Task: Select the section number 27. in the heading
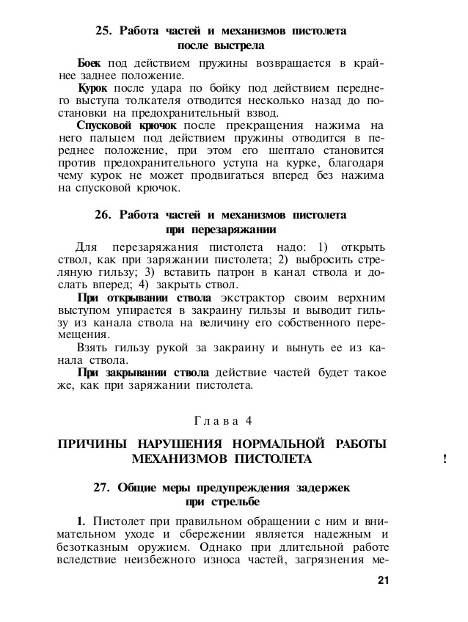click(104, 487)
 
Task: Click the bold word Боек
click(89, 63)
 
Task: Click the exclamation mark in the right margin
click(446, 461)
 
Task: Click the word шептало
click(280, 150)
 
